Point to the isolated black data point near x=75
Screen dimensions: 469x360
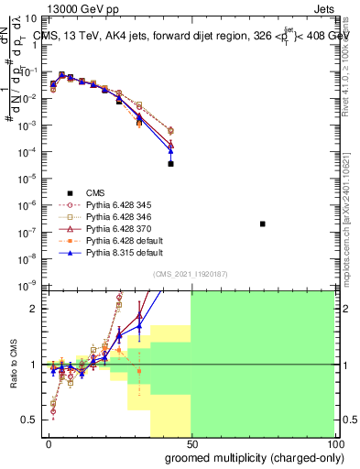coord(263,224)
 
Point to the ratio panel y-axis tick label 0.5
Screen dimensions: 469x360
coord(32,420)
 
